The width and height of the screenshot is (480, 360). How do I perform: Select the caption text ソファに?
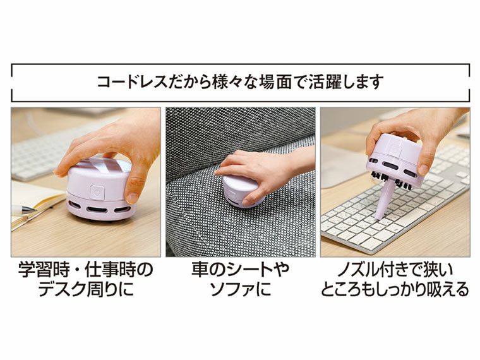(x=240, y=289)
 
